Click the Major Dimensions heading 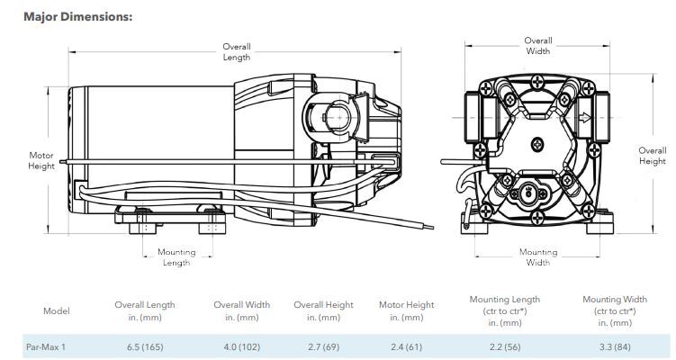click(x=78, y=17)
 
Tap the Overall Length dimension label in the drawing click(x=237, y=51)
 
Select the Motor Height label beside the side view click(x=41, y=160)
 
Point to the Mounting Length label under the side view click(x=176, y=257)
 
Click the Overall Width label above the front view click(x=538, y=46)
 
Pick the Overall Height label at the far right click(x=653, y=156)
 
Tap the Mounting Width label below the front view click(x=538, y=257)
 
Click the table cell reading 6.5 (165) click(x=145, y=346)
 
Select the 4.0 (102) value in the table click(x=242, y=346)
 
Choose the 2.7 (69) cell click(x=324, y=346)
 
